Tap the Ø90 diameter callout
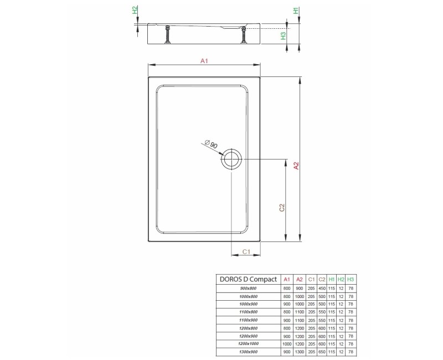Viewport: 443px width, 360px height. coord(211,144)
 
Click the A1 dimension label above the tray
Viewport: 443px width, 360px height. coord(204,61)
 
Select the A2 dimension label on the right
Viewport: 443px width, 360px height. coord(296,166)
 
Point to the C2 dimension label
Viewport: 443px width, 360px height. coord(282,207)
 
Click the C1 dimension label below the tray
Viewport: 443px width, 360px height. coord(246,251)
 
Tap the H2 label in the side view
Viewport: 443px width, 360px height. coord(135,10)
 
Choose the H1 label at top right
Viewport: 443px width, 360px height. coord(296,11)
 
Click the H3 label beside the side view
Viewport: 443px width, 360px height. coord(283,35)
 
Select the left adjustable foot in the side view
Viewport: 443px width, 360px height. coord(167,35)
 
